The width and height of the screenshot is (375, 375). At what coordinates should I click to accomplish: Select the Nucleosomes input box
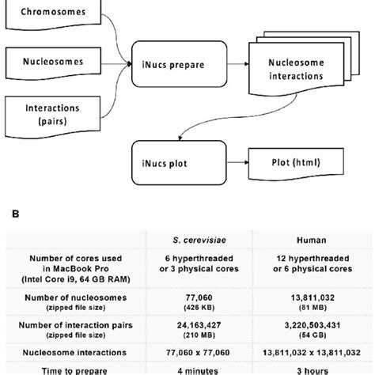(x=55, y=61)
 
